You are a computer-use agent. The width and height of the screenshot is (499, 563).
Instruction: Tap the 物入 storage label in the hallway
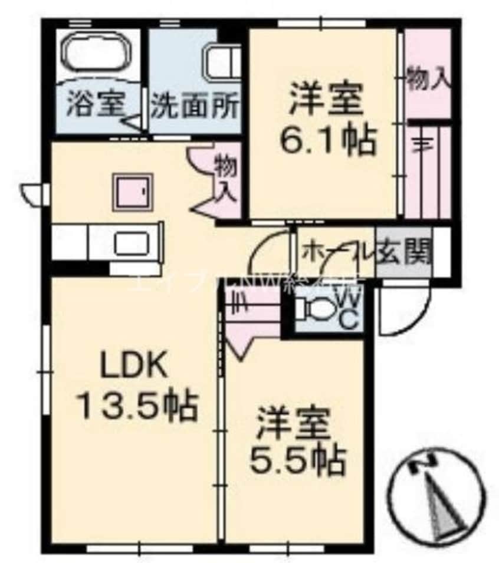pos(225,177)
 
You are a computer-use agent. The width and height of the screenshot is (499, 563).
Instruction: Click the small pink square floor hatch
pos(133,191)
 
